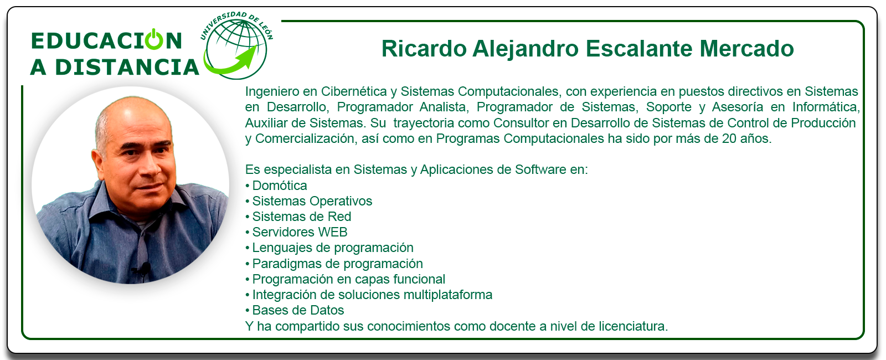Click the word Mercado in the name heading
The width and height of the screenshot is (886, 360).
point(746,49)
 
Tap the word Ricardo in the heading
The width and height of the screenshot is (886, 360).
point(424,49)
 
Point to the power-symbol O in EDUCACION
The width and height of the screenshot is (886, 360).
point(154,39)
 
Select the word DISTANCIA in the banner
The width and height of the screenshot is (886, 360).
point(127,67)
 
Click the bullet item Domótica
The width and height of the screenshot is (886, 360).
point(279,186)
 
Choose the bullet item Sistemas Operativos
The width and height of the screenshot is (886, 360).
point(312,201)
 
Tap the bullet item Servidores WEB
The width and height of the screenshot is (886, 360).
point(300,232)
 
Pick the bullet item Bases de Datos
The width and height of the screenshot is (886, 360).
point(298,310)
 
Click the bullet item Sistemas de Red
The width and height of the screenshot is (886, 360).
point(302,217)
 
